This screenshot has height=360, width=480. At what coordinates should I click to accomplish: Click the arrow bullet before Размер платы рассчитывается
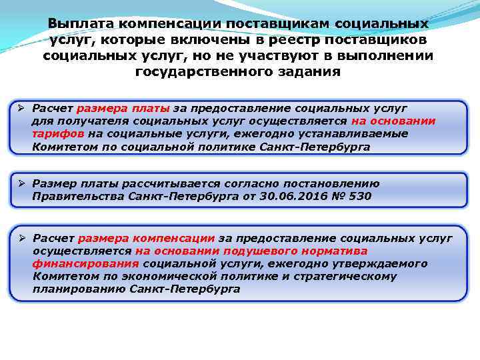coord(22,183)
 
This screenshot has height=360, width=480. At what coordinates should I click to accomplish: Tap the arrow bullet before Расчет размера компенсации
coord(22,238)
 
